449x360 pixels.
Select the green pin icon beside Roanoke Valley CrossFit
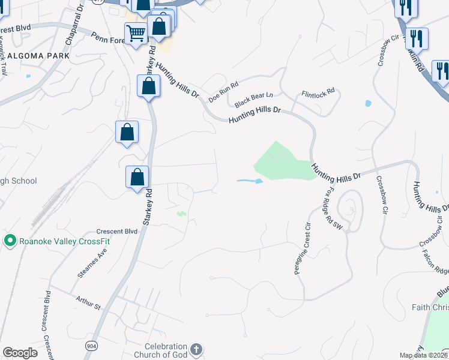coord(10,241)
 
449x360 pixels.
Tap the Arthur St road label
coord(88,302)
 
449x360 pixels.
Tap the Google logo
coord(20,353)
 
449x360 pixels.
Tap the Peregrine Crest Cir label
coord(301,248)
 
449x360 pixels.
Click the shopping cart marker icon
coord(136,33)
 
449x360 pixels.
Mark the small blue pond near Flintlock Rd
coord(368,103)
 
